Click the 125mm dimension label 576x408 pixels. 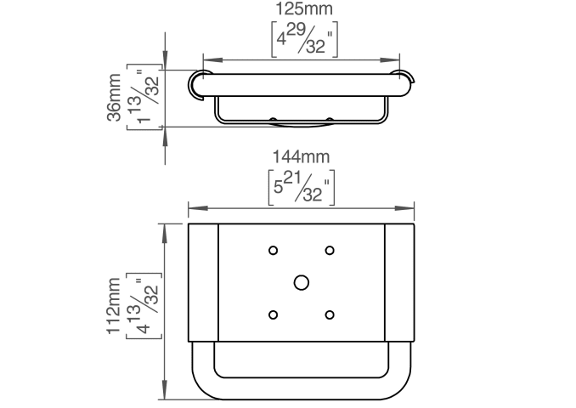click(304, 8)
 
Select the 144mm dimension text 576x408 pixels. click(302, 157)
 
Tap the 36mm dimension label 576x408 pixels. click(114, 98)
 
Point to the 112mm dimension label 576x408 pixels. click(114, 306)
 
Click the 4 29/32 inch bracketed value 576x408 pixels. click(304, 39)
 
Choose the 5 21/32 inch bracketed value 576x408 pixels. click(302, 188)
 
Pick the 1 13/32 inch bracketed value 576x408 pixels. click(144, 97)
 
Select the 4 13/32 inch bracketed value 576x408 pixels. click(144, 306)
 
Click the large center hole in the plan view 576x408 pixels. click(302, 283)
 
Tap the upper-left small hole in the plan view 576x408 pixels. click(273, 251)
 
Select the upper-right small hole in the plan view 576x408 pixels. click(330, 251)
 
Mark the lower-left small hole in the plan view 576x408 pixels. click(273, 315)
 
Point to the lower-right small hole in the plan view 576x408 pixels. click(330, 315)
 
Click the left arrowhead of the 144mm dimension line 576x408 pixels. click(197, 208)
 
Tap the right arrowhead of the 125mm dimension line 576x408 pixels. click(390, 60)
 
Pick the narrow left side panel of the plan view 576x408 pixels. click(203, 283)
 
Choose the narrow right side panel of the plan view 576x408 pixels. click(399, 283)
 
